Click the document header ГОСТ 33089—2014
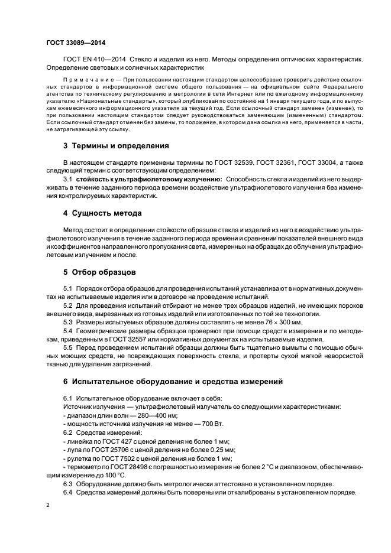[72, 43]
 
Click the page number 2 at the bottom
[48, 506]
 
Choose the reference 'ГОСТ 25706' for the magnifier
[106, 450]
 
